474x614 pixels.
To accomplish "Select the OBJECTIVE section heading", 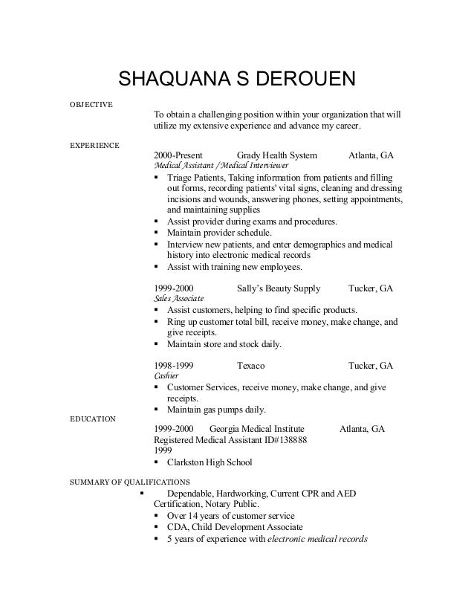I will [91, 103].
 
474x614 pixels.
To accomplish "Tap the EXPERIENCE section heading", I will [94, 144].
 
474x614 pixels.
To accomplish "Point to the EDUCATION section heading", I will [92, 419].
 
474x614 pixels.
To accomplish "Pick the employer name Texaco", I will [250, 366].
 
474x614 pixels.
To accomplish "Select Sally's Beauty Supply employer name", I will [278, 288].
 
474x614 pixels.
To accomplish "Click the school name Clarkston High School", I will [210, 462].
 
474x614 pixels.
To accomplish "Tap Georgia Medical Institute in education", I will [256, 429].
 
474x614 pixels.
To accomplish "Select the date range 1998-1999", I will [175, 366].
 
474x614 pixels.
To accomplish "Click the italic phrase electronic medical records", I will [317, 539].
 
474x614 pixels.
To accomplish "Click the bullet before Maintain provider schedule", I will [156, 233].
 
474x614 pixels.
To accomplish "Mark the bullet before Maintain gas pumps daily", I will [156, 410].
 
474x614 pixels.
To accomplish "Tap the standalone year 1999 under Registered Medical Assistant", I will [163, 450].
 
